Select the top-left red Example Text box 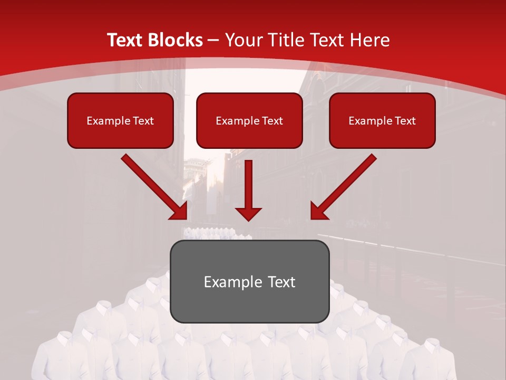tap(120, 121)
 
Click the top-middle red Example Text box tap(249, 121)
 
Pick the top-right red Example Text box tap(382, 121)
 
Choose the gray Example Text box tap(249, 281)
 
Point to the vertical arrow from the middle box tap(248, 185)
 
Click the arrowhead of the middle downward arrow tap(248, 214)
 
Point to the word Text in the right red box tap(404, 121)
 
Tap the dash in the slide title tap(214, 40)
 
